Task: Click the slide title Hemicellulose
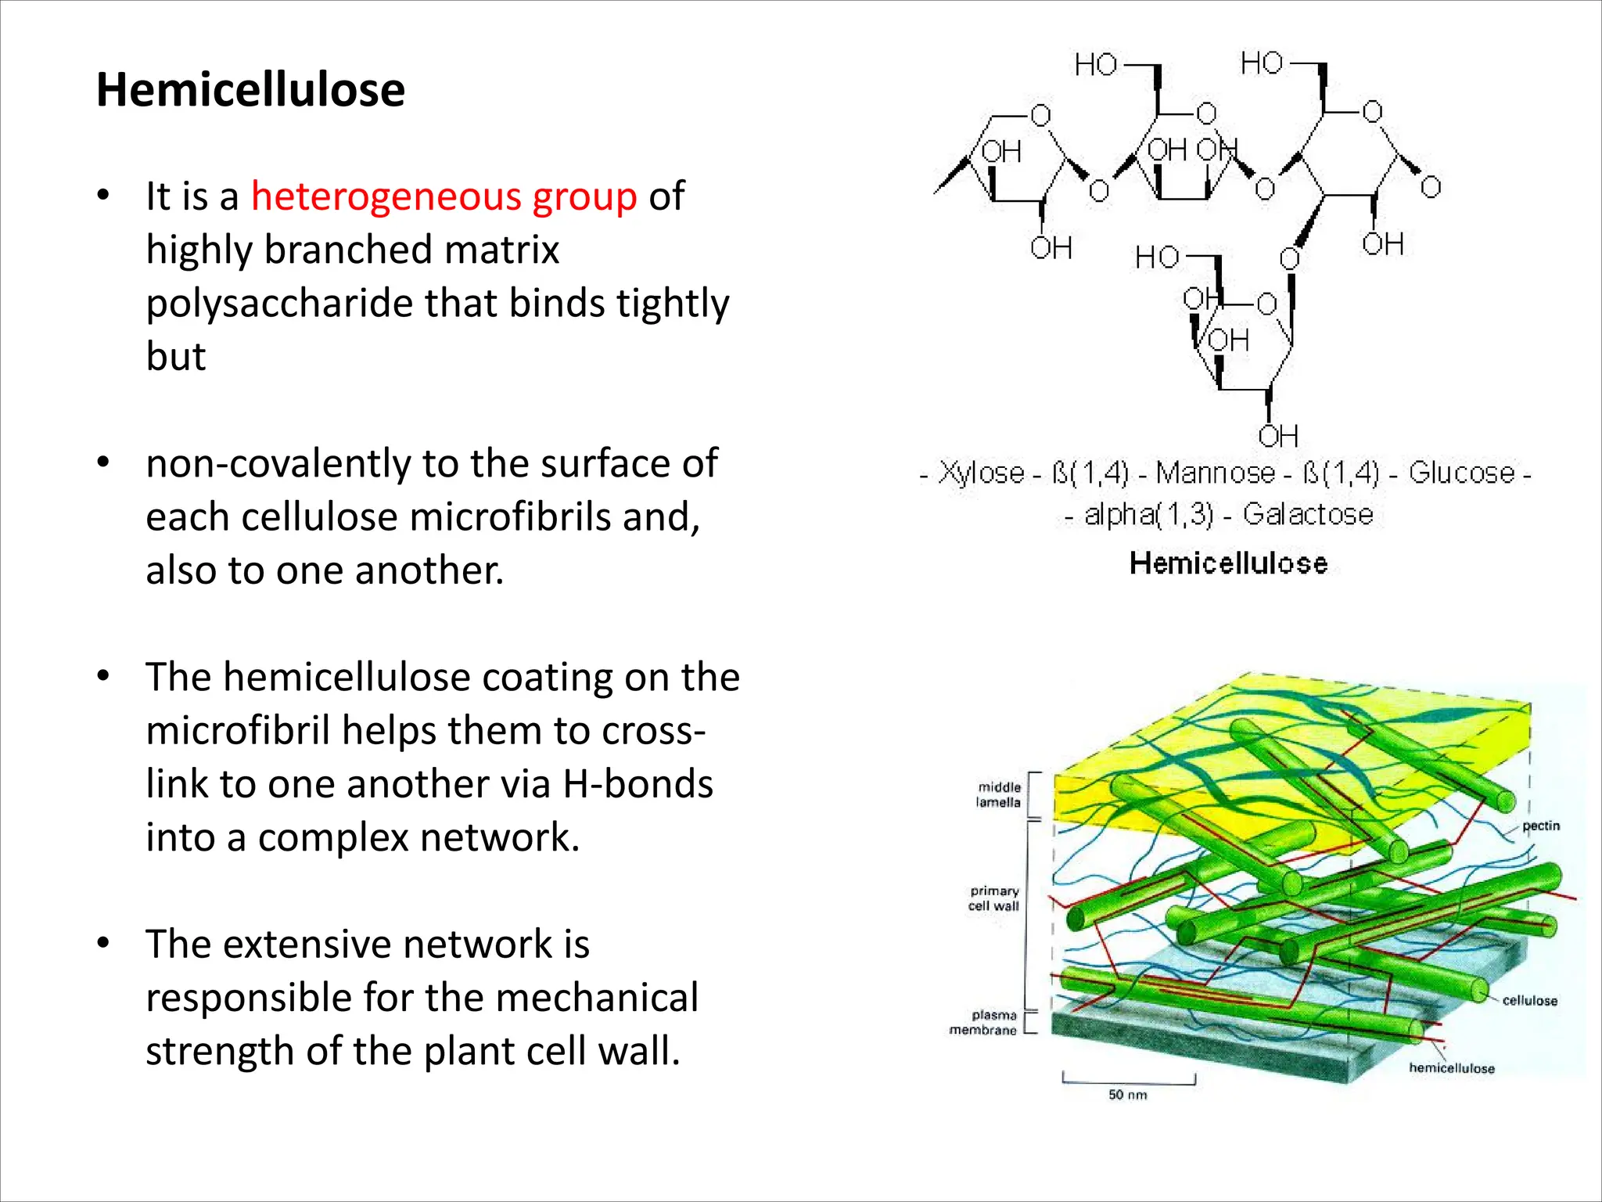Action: [250, 89]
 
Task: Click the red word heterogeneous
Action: [385, 196]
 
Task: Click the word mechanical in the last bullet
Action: [596, 997]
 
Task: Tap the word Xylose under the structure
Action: [981, 473]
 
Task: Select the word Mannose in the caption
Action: [1215, 473]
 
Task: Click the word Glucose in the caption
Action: [1462, 473]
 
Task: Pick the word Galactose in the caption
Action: [1308, 514]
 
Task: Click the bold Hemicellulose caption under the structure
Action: [1228, 563]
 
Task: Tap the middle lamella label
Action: [998, 794]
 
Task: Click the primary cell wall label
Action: [994, 898]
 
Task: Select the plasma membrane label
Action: [983, 1023]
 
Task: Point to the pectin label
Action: [1540, 826]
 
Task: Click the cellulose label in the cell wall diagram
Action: [1529, 1000]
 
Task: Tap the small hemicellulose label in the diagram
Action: [1451, 1068]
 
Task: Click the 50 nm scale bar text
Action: [1127, 1095]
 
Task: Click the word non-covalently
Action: [276, 463]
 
